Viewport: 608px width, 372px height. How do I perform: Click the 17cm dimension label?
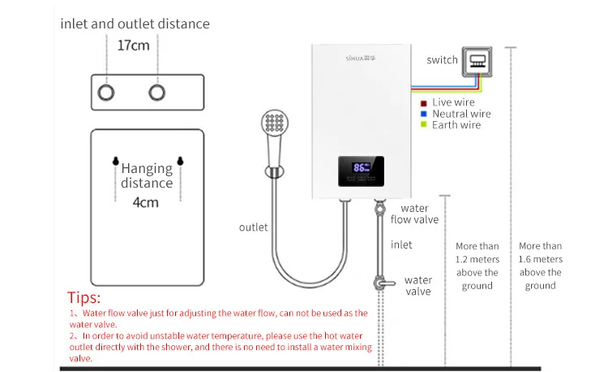click(x=134, y=45)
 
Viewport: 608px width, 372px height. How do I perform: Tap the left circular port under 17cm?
click(x=106, y=92)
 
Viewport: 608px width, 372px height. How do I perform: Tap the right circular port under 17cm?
click(x=157, y=92)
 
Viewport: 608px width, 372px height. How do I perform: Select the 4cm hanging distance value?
click(x=146, y=201)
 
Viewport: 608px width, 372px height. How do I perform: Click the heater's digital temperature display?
click(x=360, y=168)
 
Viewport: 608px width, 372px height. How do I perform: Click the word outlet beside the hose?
click(x=253, y=227)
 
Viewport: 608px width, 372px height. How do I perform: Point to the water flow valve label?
click(x=414, y=214)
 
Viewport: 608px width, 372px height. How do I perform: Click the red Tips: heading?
click(x=83, y=297)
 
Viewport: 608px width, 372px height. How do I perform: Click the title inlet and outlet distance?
click(x=135, y=24)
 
